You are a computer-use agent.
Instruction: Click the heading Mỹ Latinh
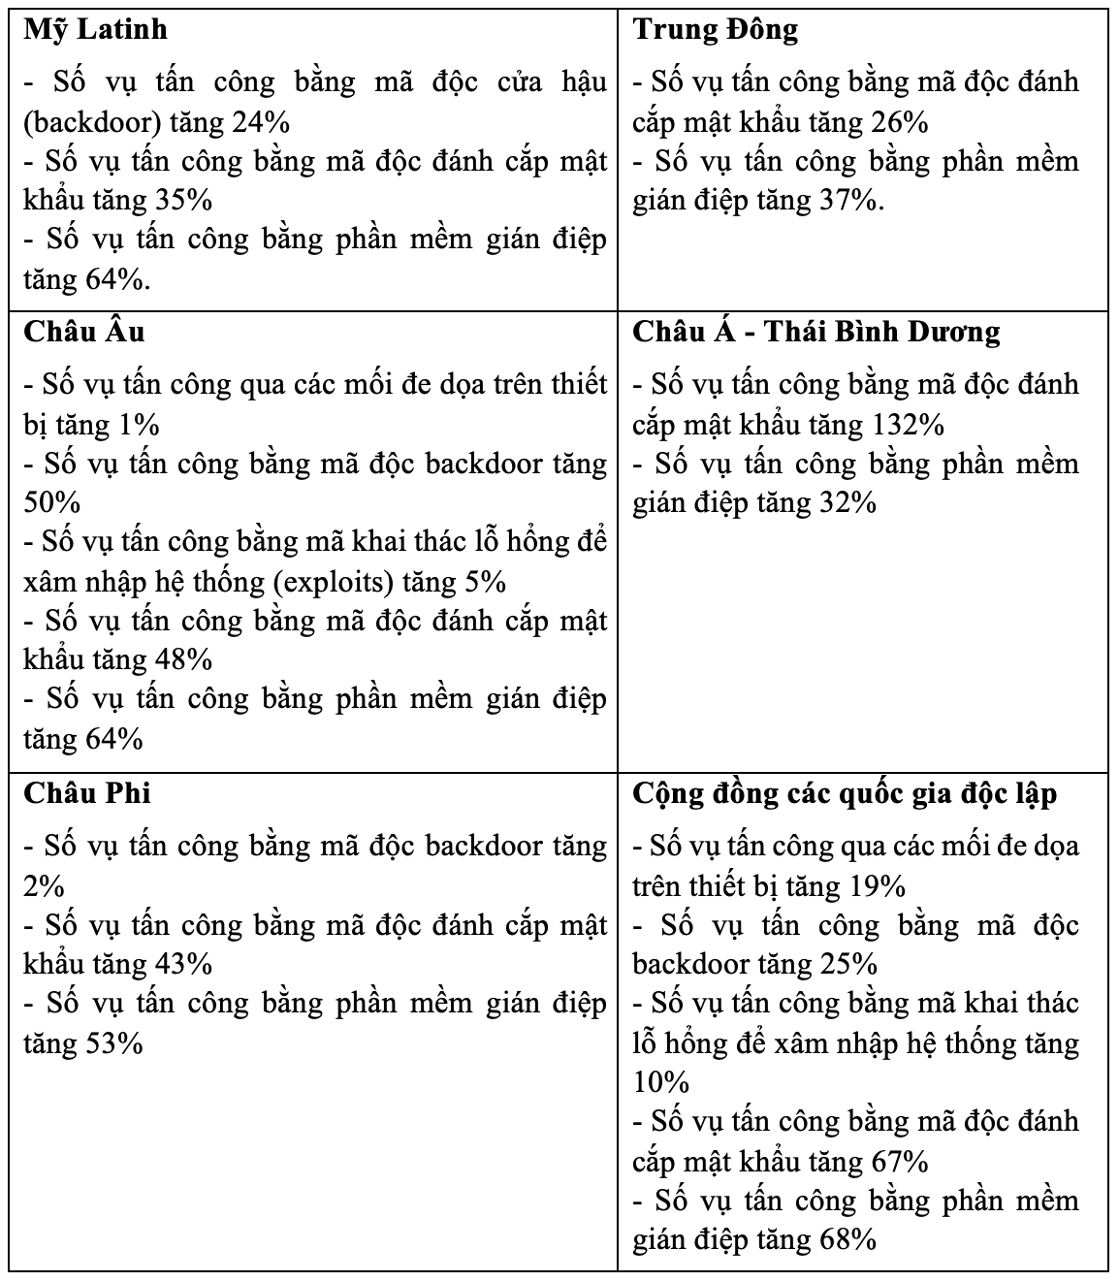(x=95, y=29)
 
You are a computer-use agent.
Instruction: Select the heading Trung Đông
(x=716, y=29)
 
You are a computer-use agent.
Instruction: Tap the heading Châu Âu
(x=84, y=332)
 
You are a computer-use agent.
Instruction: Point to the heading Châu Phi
(x=87, y=792)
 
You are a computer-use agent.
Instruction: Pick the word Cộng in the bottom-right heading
(x=670, y=792)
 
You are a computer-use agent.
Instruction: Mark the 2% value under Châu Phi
(x=44, y=886)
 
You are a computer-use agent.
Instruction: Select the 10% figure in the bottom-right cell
(x=660, y=1082)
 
